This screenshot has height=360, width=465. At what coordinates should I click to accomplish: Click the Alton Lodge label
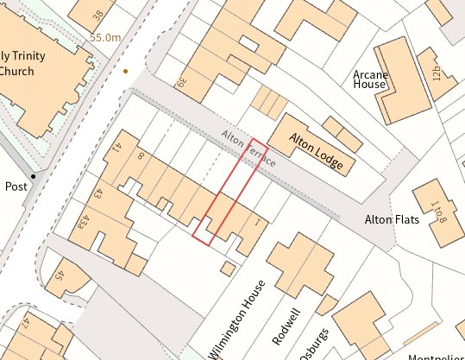pyautogui.click(x=316, y=151)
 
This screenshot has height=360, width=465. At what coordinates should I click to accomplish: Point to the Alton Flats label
pyautogui.click(x=392, y=219)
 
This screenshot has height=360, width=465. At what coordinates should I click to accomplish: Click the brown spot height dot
pyautogui.click(x=126, y=71)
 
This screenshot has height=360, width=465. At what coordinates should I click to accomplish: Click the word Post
pyautogui.click(x=16, y=186)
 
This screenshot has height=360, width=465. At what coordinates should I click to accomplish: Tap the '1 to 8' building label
pyautogui.click(x=432, y=211)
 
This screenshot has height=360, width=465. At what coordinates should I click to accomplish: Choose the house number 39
pyautogui.click(x=180, y=85)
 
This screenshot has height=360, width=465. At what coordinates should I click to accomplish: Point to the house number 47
pyautogui.click(x=25, y=325)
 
